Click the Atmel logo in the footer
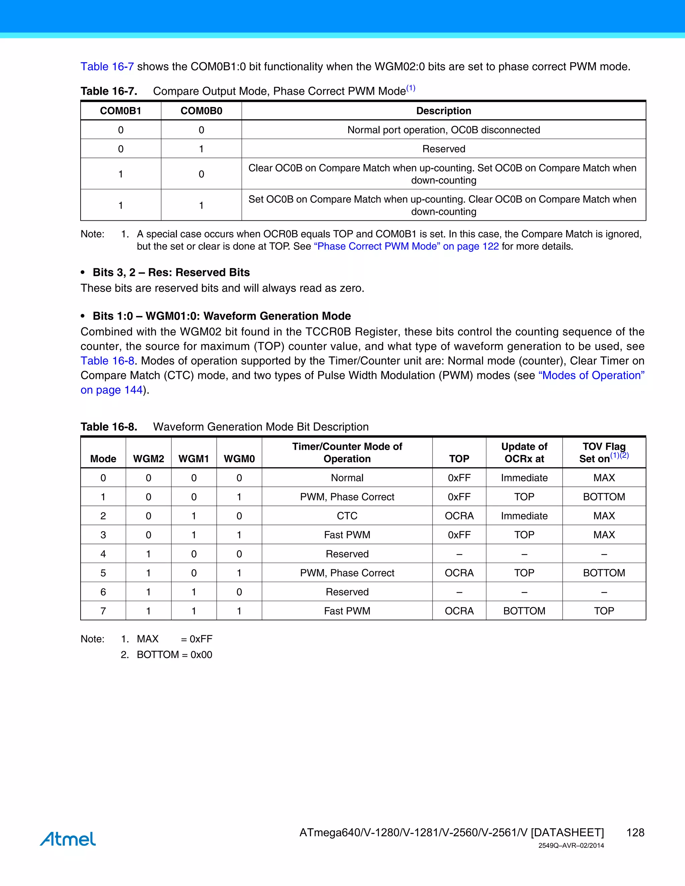tap(68, 839)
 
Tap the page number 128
tap(635, 833)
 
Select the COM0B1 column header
tap(120, 111)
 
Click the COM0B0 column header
tap(201, 111)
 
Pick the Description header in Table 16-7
tap(444, 111)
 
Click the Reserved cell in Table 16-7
tap(444, 149)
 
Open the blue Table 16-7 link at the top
tap(107, 67)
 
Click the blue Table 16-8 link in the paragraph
tap(107, 361)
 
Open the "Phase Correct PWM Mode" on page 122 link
tap(406, 246)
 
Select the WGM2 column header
tap(149, 458)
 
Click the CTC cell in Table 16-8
tap(347, 516)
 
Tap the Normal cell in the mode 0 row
tap(347, 477)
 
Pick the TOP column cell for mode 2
tap(459, 516)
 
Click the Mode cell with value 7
tap(103, 611)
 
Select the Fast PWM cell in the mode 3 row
tap(347, 535)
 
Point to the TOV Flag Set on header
tap(603, 452)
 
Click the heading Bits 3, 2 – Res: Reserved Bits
tap(171, 272)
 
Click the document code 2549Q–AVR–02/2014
tap(571, 846)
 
